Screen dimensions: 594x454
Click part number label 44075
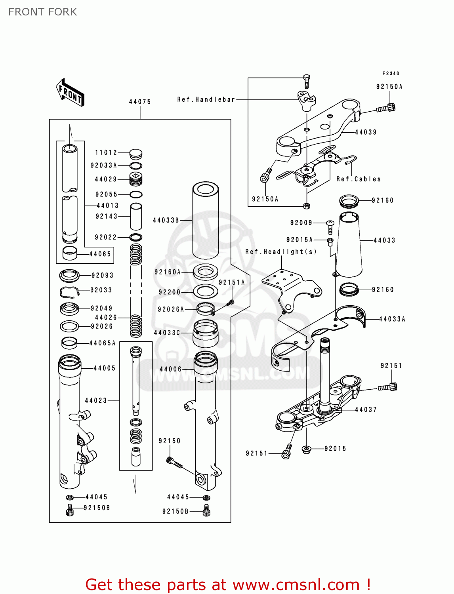click(140, 102)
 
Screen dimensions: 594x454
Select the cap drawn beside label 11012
click(135, 153)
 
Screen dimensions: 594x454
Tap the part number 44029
click(106, 179)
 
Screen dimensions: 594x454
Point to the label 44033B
click(166, 220)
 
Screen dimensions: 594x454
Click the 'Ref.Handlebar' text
click(206, 100)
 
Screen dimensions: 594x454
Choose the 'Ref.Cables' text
click(359, 179)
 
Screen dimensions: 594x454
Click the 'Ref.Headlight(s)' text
click(281, 252)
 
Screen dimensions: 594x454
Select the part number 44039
click(366, 132)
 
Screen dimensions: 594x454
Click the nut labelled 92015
click(306, 449)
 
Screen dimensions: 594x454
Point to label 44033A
click(392, 319)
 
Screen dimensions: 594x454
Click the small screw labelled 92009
click(330, 227)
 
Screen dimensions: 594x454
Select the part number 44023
click(96, 401)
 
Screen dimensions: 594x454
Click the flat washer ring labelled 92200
click(205, 292)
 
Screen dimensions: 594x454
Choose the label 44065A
click(103, 343)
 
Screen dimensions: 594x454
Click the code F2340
click(391, 74)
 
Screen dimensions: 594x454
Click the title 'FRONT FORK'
click(43, 12)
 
